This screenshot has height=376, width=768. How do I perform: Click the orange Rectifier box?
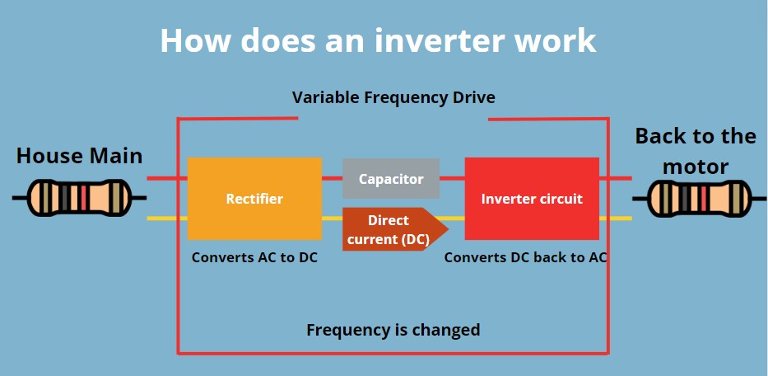coord(254,199)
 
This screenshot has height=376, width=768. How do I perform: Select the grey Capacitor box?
coord(391,179)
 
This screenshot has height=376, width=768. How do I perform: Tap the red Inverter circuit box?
coord(532,199)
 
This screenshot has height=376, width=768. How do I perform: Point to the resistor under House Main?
coord(79,198)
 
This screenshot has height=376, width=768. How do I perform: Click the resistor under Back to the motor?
coord(699,199)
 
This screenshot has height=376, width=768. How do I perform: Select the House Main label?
coord(80,155)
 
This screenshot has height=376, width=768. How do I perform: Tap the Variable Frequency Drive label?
coord(393,97)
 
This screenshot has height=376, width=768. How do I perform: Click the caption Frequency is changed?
coord(393,330)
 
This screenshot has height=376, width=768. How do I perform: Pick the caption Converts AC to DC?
coord(254,256)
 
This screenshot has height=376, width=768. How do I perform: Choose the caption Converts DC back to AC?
coord(526,256)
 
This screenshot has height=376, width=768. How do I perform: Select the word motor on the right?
coord(696,167)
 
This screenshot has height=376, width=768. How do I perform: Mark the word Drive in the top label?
coord(471,97)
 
